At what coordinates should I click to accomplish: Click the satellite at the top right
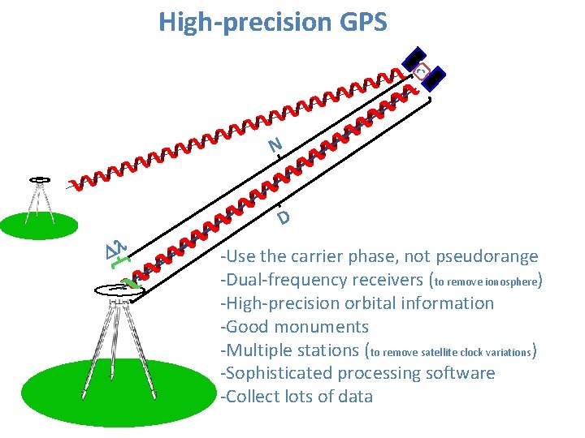(x=424, y=69)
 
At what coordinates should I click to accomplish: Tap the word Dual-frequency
(x=281, y=281)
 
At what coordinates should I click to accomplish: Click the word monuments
(x=322, y=327)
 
